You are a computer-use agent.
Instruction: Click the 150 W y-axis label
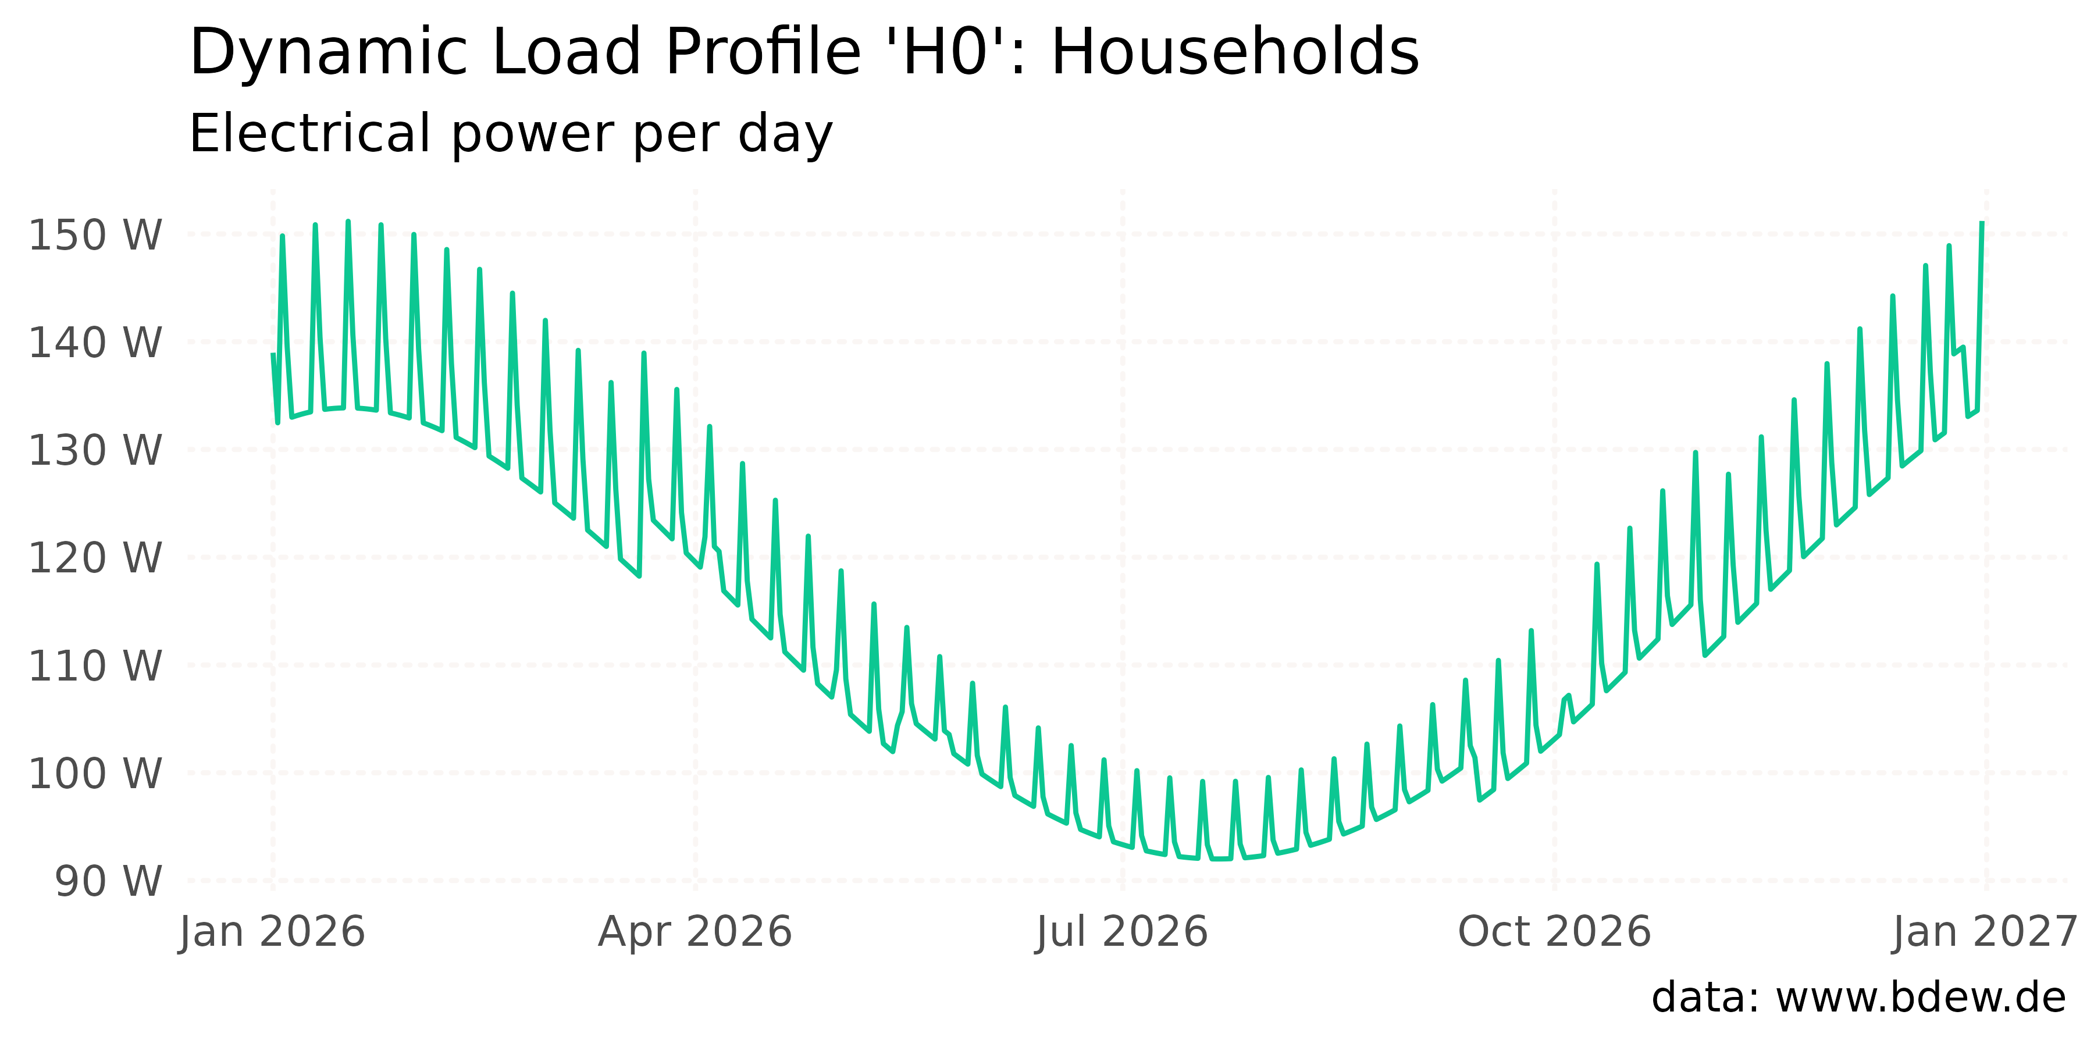[x=95, y=235]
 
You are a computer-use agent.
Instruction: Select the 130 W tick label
[x=95, y=450]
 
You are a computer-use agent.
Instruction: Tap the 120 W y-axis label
[x=95, y=558]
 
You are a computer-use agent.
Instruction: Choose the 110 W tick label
[x=95, y=666]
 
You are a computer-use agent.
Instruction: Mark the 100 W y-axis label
[x=95, y=773]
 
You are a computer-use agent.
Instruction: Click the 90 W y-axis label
[x=108, y=881]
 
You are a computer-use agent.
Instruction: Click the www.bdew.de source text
[x=1920, y=998]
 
